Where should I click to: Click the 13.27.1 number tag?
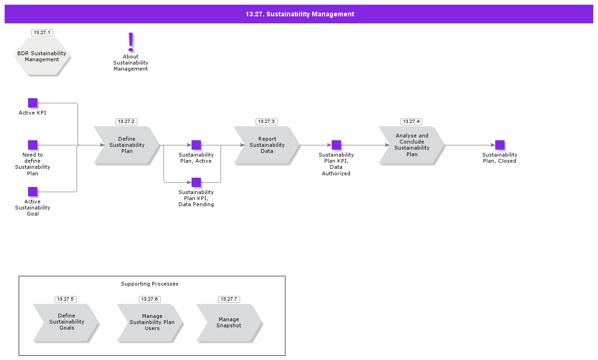[42, 33]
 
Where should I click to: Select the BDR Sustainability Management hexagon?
[42, 56]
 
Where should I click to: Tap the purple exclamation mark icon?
[131, 42]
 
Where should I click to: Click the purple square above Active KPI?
[33, 103]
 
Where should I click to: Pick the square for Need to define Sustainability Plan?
[33, 145]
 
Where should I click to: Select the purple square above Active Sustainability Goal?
[33, 192]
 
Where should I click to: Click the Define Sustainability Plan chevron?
[127, 145]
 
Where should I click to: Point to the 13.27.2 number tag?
[126, 122]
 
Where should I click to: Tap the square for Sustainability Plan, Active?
[196, 145]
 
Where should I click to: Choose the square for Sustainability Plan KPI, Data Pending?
[196, 182]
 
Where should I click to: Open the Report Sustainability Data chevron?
[267, 145]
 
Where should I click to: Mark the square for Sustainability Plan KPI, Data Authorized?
[336, 145]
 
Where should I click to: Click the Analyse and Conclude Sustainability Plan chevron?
[412, 145]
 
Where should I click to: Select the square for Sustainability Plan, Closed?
[500, 145]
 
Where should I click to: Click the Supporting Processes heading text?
[149, 284]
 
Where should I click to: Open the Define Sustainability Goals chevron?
[66, 322]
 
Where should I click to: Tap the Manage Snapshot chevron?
[229, 322]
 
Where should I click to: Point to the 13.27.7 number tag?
[229, 299]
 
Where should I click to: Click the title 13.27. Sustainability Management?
[300, 14]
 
